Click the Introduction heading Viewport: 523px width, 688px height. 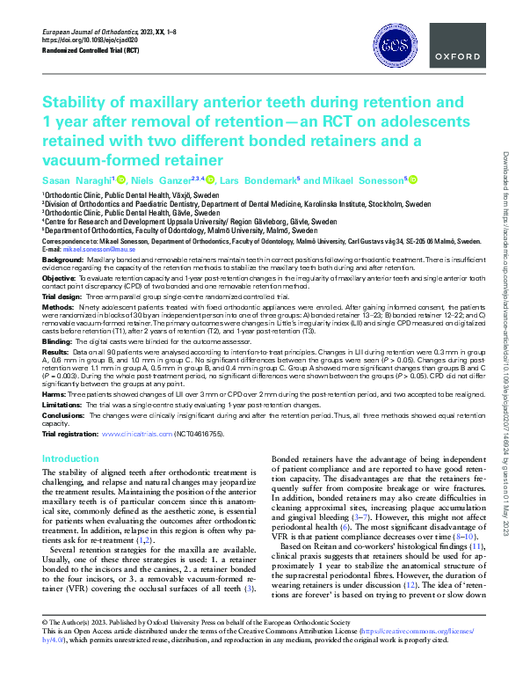coord(70,459)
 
